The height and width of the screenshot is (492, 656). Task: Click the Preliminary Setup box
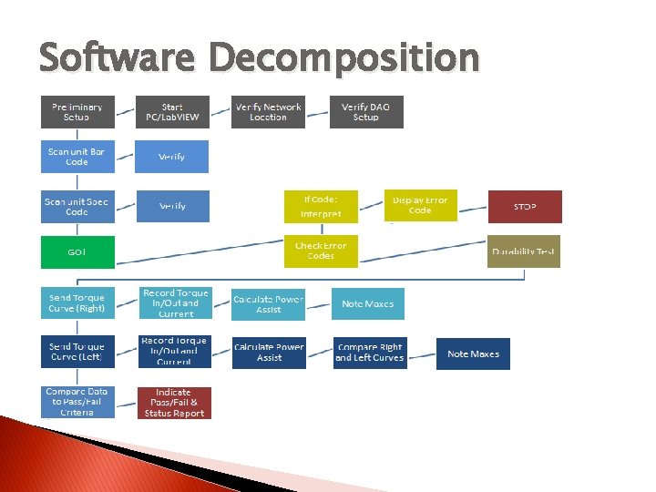[77, 112]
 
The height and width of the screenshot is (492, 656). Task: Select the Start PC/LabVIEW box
[172, 112]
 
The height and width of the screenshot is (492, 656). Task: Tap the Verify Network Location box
[268, 112]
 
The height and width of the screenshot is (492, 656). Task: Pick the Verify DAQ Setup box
[366, 112]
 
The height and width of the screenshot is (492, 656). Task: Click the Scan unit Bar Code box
[77, 157]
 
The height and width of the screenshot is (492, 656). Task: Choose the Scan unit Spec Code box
[77, 206]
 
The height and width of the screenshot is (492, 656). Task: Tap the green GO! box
[77, 251]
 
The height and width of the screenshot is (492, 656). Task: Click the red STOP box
[525, 207]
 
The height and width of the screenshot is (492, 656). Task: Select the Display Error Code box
[420, 205]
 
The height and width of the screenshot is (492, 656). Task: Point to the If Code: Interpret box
[322, 206]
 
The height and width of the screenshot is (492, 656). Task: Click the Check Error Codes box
[322, 251]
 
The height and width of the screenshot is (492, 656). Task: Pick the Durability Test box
[524, 251]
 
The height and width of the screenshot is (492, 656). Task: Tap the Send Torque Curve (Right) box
[77, 303]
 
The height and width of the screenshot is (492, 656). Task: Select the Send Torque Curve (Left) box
[77, 353]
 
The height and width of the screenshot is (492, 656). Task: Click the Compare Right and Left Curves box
[369, 353]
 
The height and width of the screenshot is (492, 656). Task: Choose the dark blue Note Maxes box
[474, 354]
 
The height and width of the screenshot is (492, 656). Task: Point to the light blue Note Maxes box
[368, 303]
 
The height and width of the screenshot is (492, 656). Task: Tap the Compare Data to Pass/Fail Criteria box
[77, 402]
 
